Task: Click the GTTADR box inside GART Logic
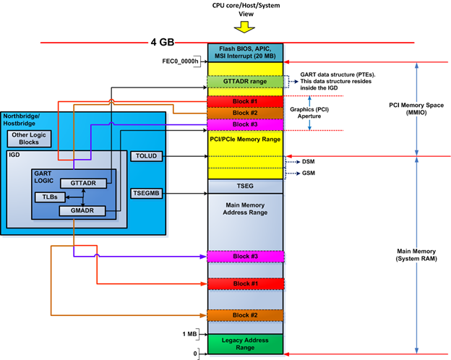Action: [x=84, y=184]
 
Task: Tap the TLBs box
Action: [x=49, y=197]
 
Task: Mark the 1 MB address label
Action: [x=190, y=333]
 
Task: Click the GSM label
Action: [x=308, y=173]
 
